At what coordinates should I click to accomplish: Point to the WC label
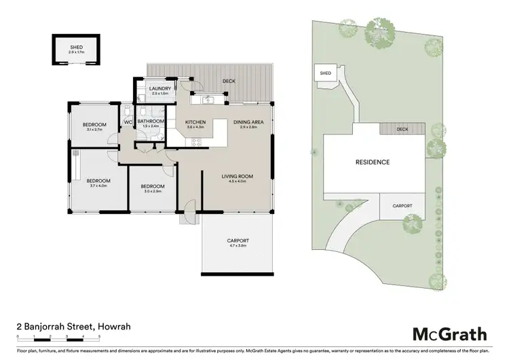click(128, 122)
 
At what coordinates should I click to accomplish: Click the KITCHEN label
click(195, 122)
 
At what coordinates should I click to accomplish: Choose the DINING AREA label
click(244, 122)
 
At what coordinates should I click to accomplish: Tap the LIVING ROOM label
click(237, 177)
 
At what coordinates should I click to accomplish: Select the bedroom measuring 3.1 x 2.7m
click(94, 124)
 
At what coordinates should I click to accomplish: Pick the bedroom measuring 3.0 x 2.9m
click(153, 187)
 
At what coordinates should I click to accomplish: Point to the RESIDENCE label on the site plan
click(373, 162)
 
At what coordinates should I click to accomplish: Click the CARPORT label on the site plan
click(402, 206)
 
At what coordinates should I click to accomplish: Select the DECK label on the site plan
click(402, 129)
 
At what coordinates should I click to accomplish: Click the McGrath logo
click(450, 334)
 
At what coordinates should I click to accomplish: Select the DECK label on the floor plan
click(229, 82)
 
